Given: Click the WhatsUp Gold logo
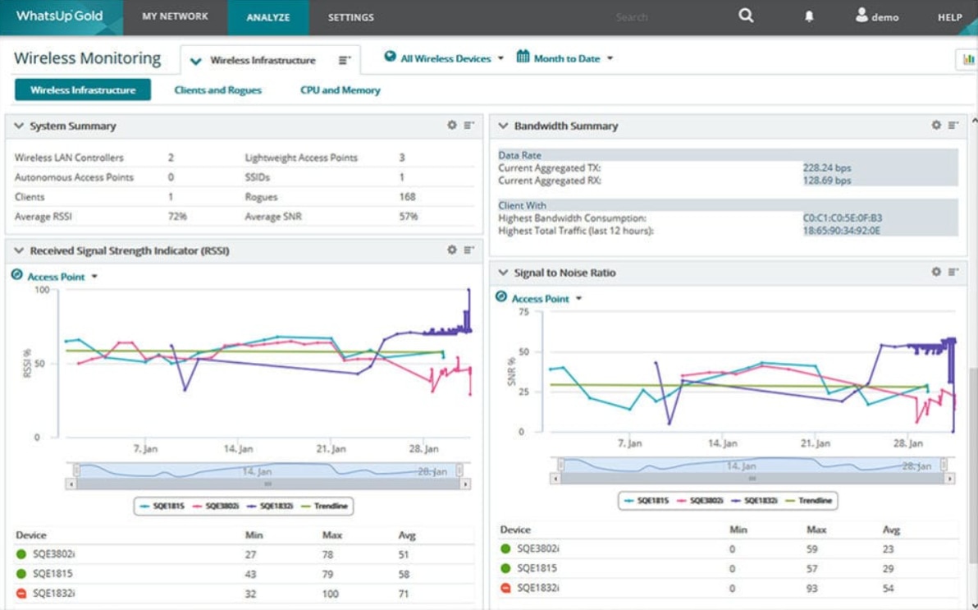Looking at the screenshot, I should pyautogui.click(x=59, y=16).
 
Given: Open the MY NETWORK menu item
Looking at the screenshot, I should pyautogui.click(x=175, y=16).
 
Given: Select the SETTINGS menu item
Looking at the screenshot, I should pyautogui.click(x=350, y=17).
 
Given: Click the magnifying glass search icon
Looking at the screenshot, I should pyautogui.click(x=746, y=16).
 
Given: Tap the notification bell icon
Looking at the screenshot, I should pyautogui.click(x=809, y=16).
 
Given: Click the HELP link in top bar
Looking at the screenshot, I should pyautogui.click(x=949, y=17).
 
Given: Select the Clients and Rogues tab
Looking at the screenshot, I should pyautogui.click(x=217, y=90).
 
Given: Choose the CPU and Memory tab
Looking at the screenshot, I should pyautogui.click(x=340, y=90).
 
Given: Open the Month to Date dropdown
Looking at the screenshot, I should pyautogui.click(x=565, y=58).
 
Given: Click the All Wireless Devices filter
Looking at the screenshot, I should pyautogui.click(x=444, y=58).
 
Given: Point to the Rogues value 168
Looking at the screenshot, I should pyautogui.click(x=407, y=197).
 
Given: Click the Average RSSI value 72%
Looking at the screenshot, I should pyautogui.click(x=177, y=217).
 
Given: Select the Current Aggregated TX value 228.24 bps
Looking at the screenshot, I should pyautogui.click(x=827, y=168).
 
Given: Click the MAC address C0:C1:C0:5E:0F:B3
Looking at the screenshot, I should pyautogui.click(x=843, y=218).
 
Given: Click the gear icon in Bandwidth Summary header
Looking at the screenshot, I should pyautogui.click(x=936, y=126).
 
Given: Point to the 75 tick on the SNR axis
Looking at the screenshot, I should pyautogui.click(x=523, y=313).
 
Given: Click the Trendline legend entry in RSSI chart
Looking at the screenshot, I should pyautogui.click(x=327, y=506).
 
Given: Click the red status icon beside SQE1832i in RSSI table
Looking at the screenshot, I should pyautogui.click(x=21, y=593).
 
